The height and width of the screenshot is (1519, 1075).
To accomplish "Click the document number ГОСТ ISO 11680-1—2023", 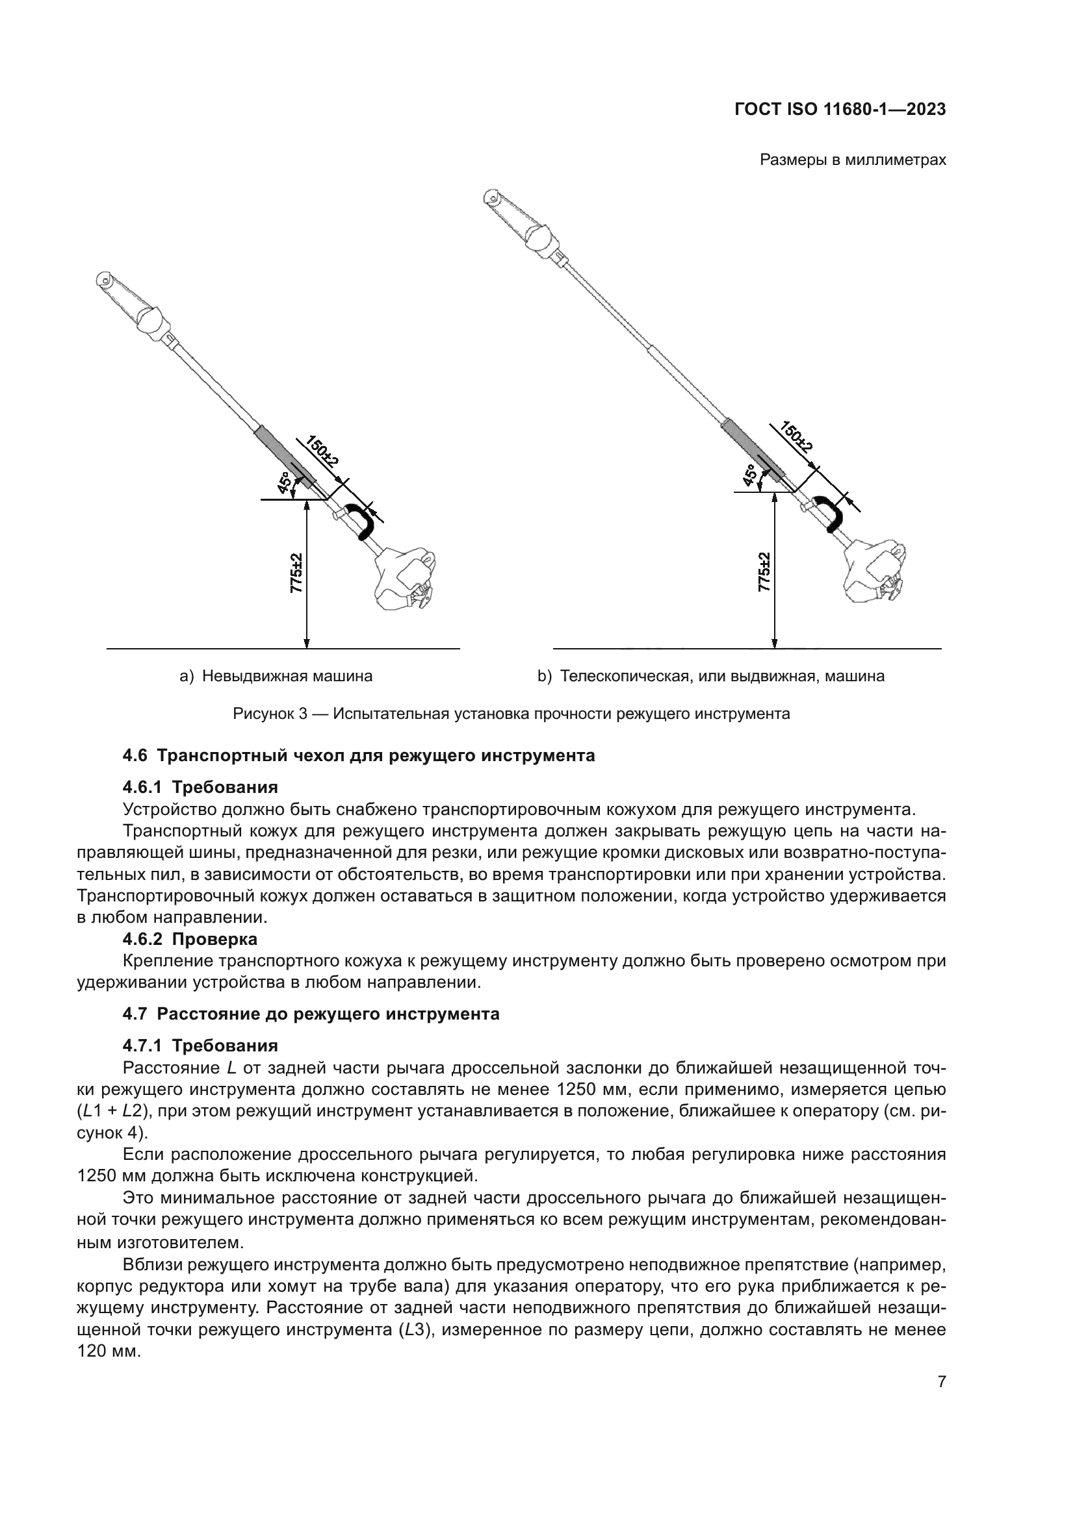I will (839, 110).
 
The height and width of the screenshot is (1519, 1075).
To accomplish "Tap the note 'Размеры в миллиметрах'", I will (853, 160).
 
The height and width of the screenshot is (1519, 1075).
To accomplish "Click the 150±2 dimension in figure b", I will (796, 436).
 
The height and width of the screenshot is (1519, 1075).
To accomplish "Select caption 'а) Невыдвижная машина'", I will (276, 676).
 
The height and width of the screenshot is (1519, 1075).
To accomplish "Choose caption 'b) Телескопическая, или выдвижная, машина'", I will (710, 676).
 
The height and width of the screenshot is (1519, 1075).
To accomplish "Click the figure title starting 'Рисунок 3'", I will (511, 714).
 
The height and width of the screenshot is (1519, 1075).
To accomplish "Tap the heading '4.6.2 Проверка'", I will (190, 939).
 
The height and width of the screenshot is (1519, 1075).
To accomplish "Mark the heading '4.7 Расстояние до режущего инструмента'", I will (311, 1014).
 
